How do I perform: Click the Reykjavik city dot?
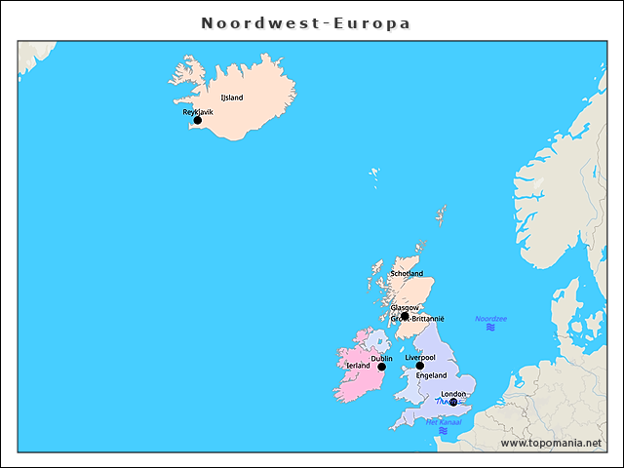click(x=197, y=121)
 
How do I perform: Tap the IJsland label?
click(x=232, y=97)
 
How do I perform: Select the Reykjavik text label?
click(x=198, y=112)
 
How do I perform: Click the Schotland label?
click(x=407, y=274)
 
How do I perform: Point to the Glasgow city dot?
click(x=405, y=316)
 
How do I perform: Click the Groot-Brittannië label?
click(x=417, y=319)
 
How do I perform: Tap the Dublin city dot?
click(x=382, y=367)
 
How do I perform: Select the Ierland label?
click(x=358, y=366)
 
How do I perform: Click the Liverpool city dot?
click(x=420, y=366)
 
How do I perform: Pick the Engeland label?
click(x=431, y=375)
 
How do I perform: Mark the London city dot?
click(x=453, y=402)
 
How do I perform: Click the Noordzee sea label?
click(x=490, y=319)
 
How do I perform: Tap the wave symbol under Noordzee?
click(x=490, y=329)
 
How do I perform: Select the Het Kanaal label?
click(x=443, y=422)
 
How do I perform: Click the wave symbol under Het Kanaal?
click(x=443, y=431)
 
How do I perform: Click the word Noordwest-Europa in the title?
click(x=306, y=22)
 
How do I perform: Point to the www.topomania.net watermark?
click(x=551, y=444)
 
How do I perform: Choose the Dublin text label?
click(x=382, y=358)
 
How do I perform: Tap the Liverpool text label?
click(x=420, y=358)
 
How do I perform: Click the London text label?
click(x=453, y=394)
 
